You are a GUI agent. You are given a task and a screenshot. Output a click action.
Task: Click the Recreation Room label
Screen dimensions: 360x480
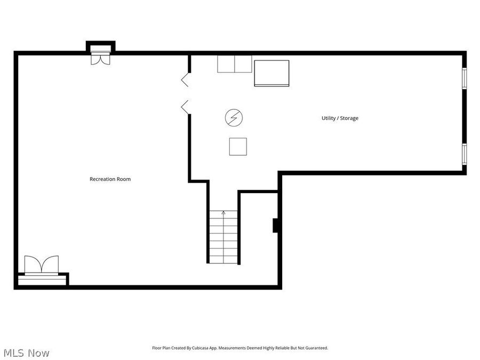tap(110, 179)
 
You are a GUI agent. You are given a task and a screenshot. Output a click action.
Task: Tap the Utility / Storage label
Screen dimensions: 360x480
tap(340, 118)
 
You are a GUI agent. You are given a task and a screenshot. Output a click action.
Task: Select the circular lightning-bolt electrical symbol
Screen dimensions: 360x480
tap(233, 117)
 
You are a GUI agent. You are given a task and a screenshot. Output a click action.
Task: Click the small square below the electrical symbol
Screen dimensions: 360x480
tap(238, 146)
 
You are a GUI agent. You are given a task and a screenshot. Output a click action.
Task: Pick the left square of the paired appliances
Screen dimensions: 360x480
tap(226, 63)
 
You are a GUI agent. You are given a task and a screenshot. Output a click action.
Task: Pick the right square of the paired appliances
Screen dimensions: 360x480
tap(243, 63)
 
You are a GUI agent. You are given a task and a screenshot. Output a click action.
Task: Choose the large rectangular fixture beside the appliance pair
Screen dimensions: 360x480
tap(271, 73)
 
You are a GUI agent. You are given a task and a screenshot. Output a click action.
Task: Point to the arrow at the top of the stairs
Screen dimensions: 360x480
tap(223, 213)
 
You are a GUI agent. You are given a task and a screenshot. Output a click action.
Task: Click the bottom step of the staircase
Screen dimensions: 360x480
tap(223, 260)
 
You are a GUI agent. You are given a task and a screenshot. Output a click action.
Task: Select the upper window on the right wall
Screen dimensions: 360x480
tap(464, 78)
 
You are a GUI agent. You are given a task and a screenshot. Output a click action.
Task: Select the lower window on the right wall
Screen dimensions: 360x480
tap(464, 153)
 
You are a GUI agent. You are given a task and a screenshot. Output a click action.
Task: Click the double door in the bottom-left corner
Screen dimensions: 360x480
tap(41, 265)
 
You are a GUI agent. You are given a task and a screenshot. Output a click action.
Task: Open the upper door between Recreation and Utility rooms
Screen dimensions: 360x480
tap(185, 80)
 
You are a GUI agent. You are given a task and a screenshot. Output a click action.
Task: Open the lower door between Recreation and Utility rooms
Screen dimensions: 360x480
tap(185, 106)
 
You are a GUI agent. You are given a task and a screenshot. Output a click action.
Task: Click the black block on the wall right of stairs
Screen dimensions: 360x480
tap(276, 226)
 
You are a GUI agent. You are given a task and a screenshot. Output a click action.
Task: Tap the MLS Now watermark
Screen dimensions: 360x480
tap(26, 353)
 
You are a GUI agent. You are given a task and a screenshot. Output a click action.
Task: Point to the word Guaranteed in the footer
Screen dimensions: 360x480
tap(315, 348)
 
